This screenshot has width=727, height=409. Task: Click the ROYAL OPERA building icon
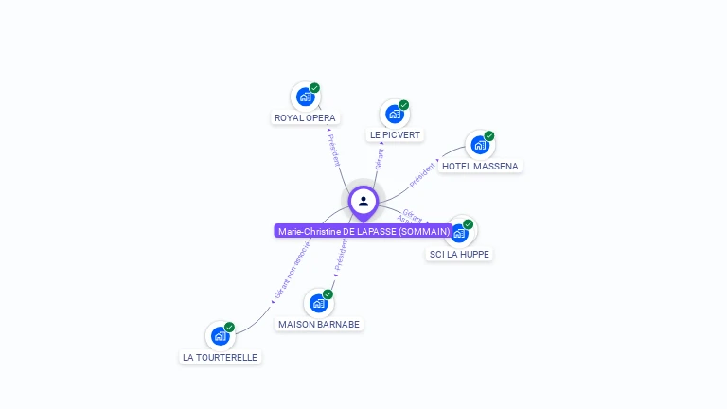click(305, 96)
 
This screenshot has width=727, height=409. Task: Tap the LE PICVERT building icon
click(394, 114)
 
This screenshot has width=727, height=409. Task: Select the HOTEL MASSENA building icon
click(480, 145)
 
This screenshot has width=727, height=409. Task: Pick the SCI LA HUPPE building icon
click(459, 232)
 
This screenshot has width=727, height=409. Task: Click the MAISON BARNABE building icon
click(318, 303)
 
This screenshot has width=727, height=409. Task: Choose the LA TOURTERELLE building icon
click(220, 335)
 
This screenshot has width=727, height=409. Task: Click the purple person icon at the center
click(363, 202)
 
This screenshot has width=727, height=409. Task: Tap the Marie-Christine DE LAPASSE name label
click(363, 231)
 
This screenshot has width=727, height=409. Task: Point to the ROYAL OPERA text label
click(305, 118)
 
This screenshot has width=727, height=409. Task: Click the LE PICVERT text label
click(395, 135)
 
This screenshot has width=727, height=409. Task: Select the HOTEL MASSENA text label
click(480, 167)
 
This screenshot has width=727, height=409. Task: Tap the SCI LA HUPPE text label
click(460, 254)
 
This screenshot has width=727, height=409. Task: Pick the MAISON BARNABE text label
click(319, 325)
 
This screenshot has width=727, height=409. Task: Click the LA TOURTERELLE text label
click(220, 357)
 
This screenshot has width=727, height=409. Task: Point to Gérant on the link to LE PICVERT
click(380, 158)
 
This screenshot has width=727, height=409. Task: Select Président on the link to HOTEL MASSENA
click(423, 173)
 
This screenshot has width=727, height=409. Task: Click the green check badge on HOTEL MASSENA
click(489, 135)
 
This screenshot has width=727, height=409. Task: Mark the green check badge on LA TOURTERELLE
click(229, 327)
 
